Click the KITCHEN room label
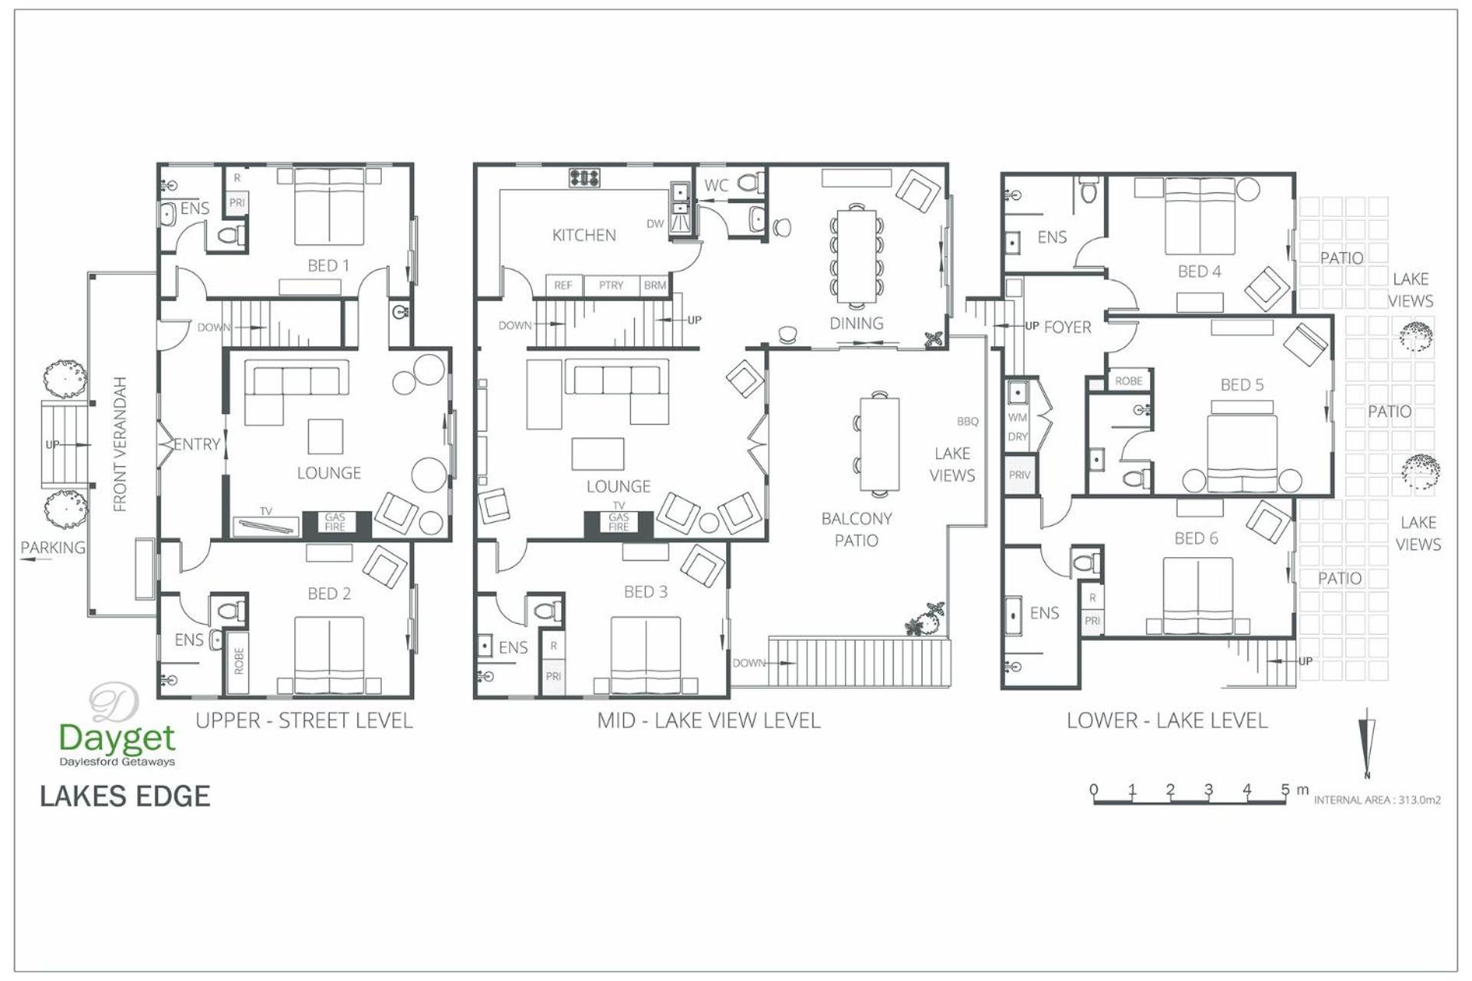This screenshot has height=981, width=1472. pos(583,235)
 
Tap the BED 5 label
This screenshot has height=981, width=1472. pos(1242,385)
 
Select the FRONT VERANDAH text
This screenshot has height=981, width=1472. pos(120,444)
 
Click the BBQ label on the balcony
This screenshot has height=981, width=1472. pos(968,422)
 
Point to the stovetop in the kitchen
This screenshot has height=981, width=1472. pos(584,178)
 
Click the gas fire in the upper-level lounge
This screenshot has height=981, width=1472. pos(335,523)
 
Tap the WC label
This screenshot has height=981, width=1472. pos(716,185)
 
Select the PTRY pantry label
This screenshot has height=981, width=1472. pos(611,285)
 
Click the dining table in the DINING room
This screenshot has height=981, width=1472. pos(856,256)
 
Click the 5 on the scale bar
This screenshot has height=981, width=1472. pos(1285,789)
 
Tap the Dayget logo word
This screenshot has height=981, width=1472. pos(117,738)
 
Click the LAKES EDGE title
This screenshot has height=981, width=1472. pos(125,796)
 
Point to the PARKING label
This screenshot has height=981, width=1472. pos(53,547)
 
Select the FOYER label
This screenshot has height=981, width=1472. pos(1067,327)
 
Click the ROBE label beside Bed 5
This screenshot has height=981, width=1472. pos(1129,381)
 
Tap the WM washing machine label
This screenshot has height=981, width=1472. pos(1017,418)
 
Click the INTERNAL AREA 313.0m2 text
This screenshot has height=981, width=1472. pos(1377,800)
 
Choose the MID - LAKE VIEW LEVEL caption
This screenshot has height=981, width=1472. pos(708,720)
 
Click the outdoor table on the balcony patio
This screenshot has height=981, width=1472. pos(879,444)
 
